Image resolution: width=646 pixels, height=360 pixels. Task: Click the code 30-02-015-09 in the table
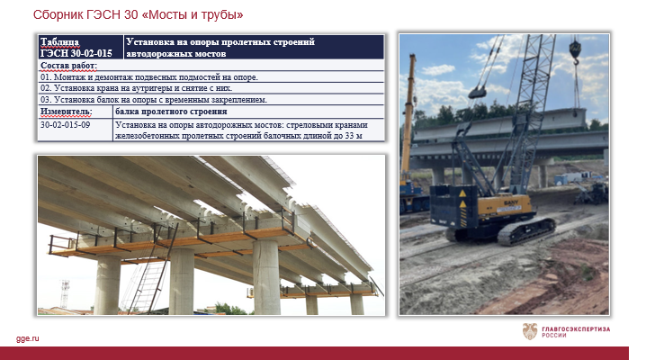(65, 125)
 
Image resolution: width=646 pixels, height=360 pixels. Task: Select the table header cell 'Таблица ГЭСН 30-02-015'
(76, 48)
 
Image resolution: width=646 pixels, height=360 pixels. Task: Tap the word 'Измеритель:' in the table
(67, 112)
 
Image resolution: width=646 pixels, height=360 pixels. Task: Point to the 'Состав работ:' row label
(68, 66)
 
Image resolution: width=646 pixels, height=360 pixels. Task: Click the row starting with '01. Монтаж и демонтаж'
(149, 77)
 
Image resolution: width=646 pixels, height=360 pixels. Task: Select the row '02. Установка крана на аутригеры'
(137, 88)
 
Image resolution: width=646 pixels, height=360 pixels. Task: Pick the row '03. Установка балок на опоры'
(154, 100)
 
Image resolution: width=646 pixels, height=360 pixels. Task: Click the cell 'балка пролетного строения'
(171, 112)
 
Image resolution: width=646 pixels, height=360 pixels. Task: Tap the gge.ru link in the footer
(28, 338)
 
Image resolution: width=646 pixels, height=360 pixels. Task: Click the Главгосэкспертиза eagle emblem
(530, 331)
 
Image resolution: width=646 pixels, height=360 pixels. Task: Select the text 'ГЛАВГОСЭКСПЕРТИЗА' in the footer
(576, 328)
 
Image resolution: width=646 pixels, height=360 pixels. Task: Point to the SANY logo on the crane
(511, 202)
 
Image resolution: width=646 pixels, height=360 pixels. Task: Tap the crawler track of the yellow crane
(526, 231)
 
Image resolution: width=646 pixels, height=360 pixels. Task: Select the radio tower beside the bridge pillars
(65, 293)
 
